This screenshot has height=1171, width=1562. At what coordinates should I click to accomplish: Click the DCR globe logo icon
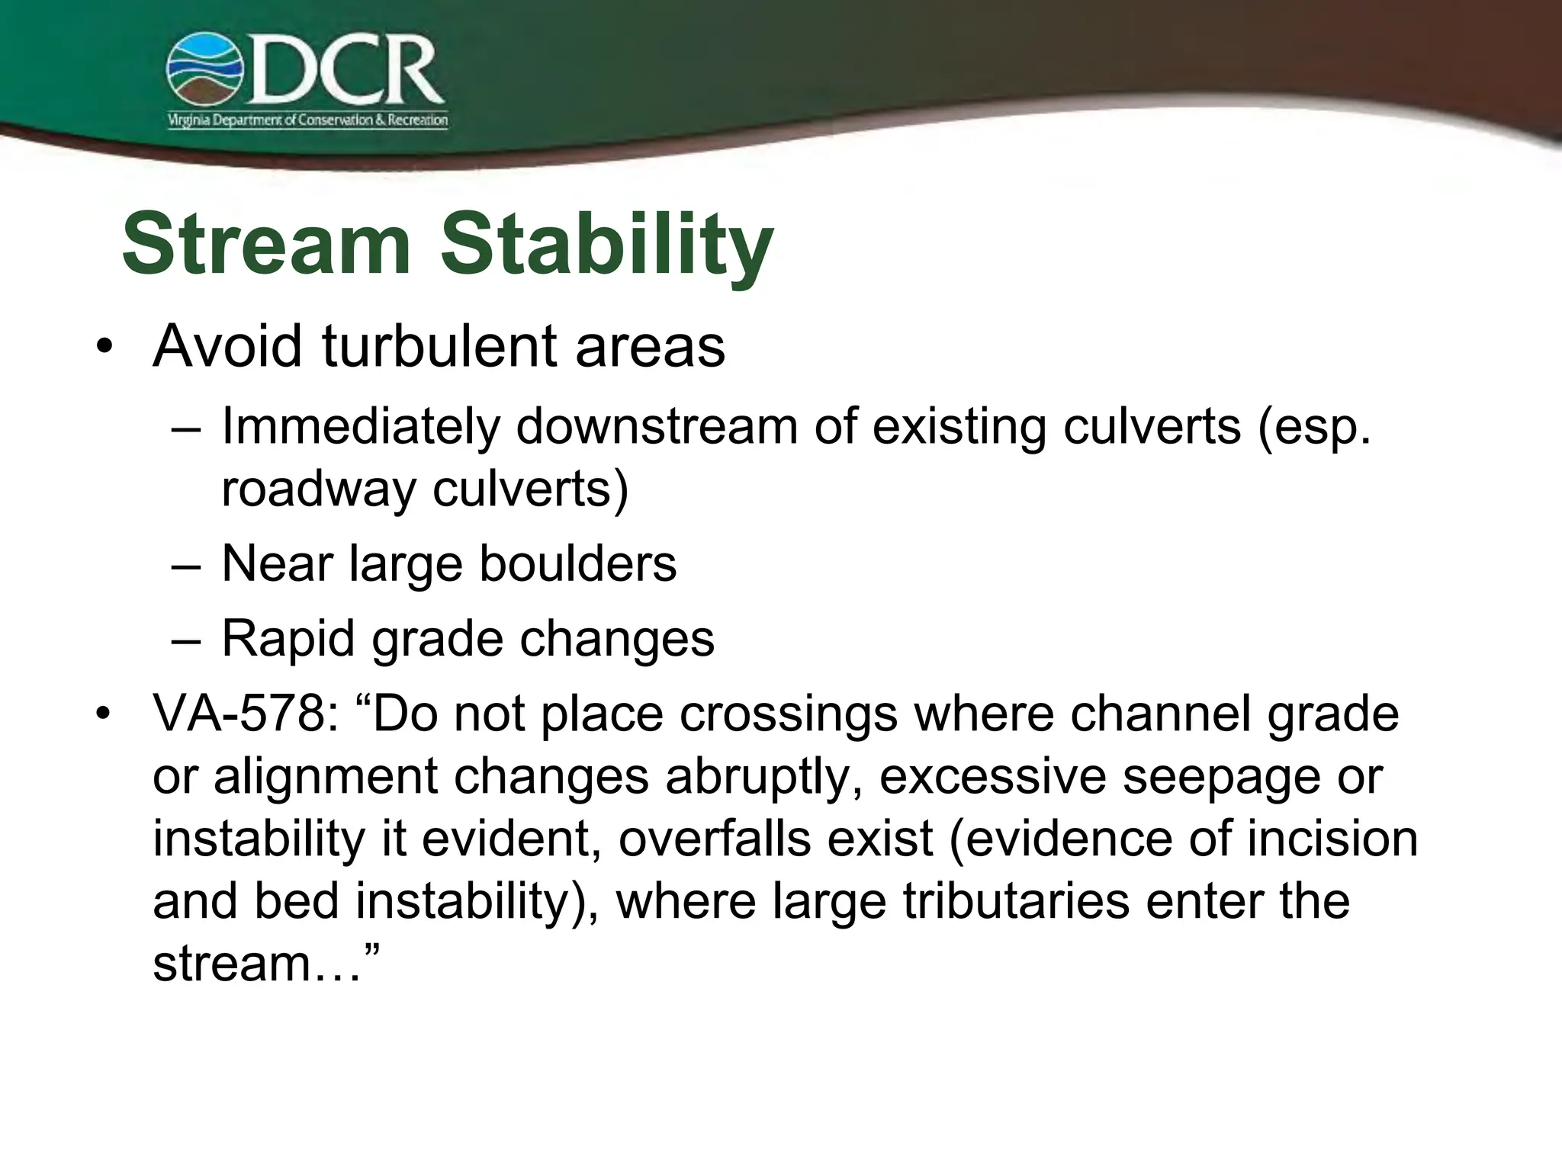[x=204, y=69]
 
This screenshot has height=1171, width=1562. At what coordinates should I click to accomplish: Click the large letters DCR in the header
[x=343, y=71]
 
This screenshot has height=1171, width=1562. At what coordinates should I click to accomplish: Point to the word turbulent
[x=439, y=347]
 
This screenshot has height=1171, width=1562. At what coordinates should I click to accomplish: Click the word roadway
[x=318, y=488]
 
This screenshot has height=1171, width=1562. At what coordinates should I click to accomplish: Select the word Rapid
[x=288, y=638]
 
